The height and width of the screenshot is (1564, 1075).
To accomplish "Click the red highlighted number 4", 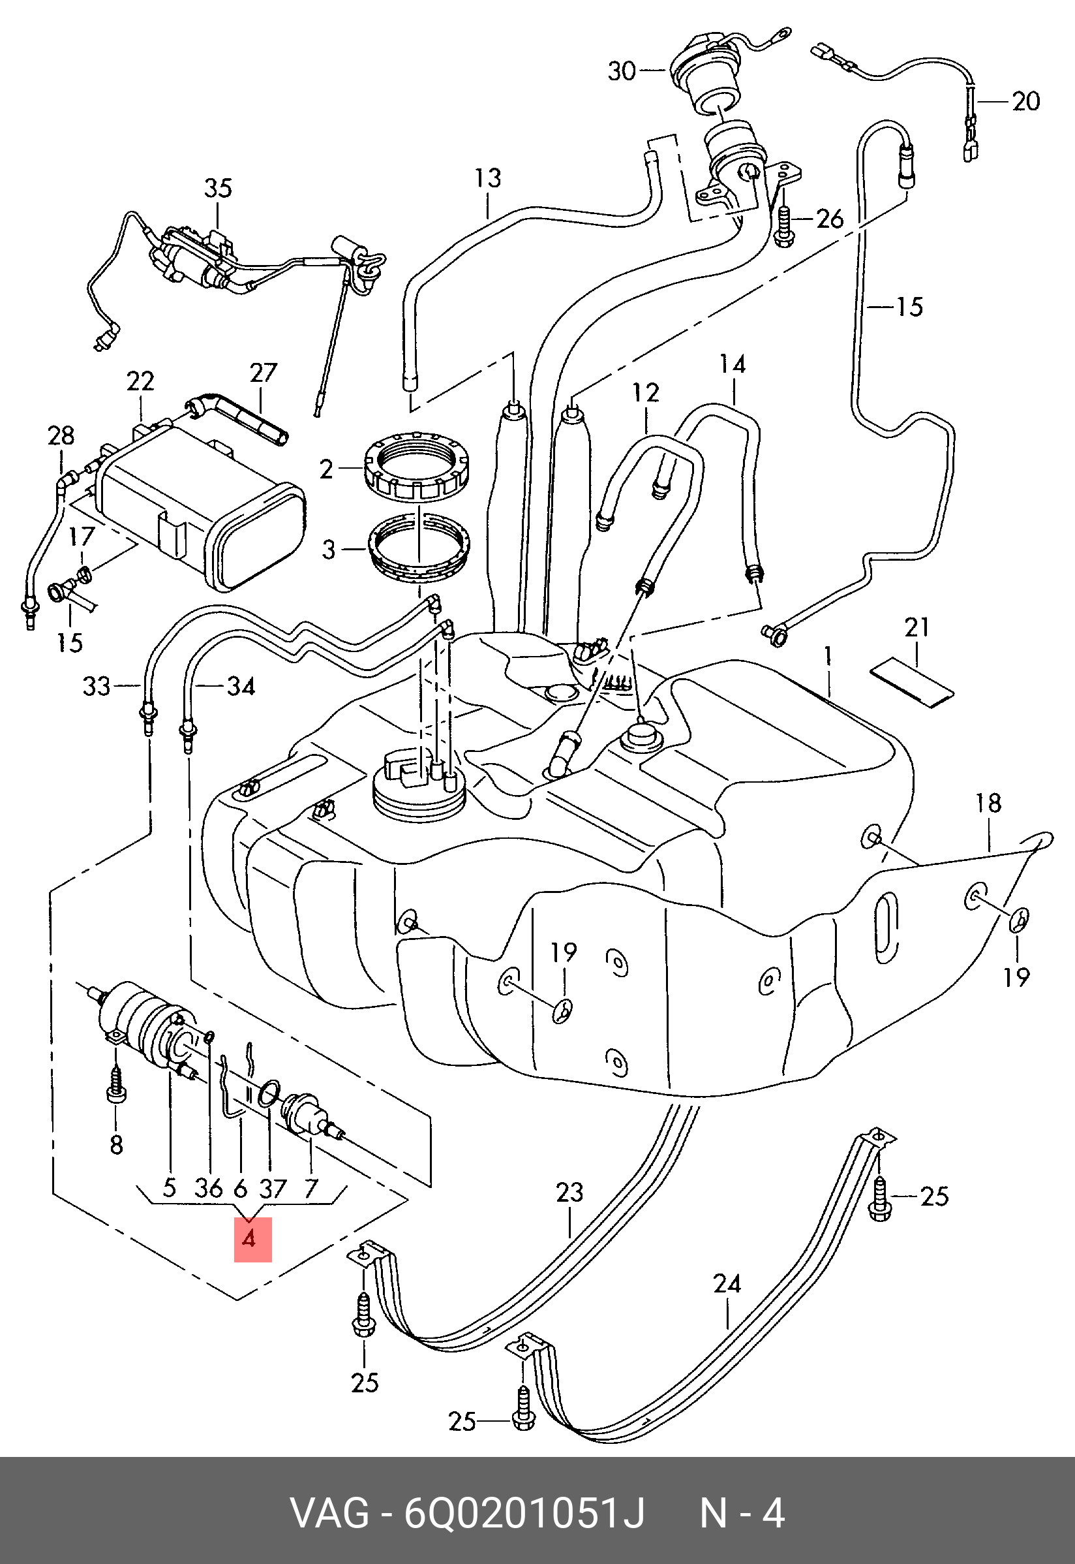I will click(252, 1239).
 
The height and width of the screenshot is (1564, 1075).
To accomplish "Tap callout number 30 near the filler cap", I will click(621, 70).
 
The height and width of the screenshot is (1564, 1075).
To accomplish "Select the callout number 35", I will click(218, 189).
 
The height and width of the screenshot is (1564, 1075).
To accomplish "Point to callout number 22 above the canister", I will click(140, 381).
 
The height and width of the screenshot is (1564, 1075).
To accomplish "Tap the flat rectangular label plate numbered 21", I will click(912, 683).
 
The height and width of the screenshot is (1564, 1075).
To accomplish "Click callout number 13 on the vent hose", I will click(488, 178).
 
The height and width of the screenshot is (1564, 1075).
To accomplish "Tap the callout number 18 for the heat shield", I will click(988, 804).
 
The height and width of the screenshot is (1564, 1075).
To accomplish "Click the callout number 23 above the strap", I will click(569, 1193).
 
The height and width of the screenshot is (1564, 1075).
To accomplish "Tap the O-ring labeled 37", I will click(269, 1092).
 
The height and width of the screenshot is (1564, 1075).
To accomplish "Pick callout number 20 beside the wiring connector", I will click(1026, 102).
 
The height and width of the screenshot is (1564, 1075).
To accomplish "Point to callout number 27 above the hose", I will click(264, 373).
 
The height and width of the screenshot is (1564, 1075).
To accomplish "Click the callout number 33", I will click(96, 686).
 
